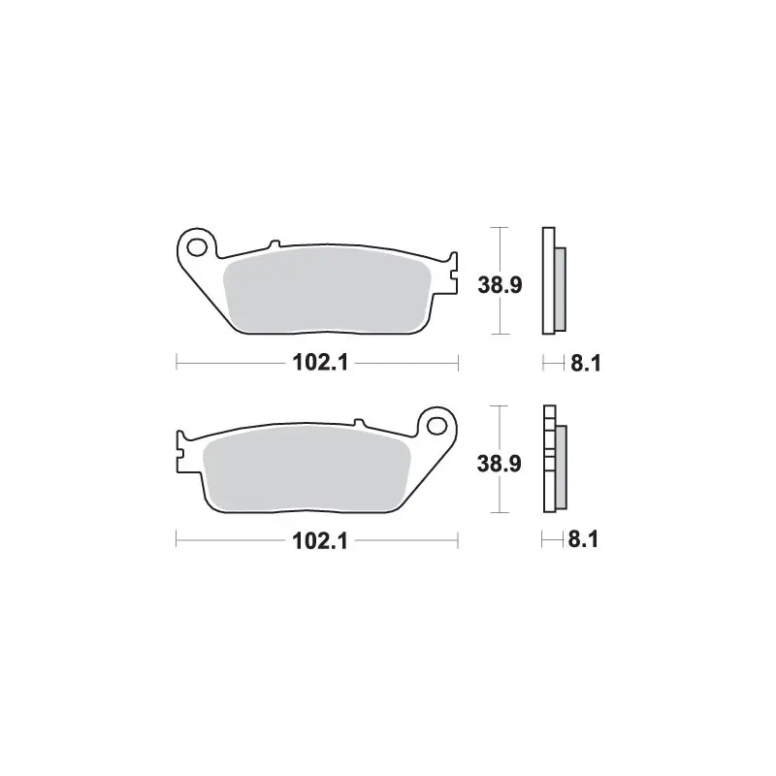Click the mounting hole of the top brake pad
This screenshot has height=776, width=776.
(x=197, y=247)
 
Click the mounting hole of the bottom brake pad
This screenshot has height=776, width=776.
(x=437, y=426)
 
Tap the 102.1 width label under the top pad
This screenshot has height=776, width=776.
(x=320, y=363)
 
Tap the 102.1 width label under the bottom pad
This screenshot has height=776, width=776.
(x=320, y=541)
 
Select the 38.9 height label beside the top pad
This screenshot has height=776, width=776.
(x=500, y=285)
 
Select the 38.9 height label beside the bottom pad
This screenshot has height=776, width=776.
(x=499, y=464)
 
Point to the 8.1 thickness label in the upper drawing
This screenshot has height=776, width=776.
(x=586, y=363)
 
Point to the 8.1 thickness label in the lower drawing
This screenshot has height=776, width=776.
(x=584, y=539)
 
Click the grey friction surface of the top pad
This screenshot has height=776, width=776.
(x=327, y=289)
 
